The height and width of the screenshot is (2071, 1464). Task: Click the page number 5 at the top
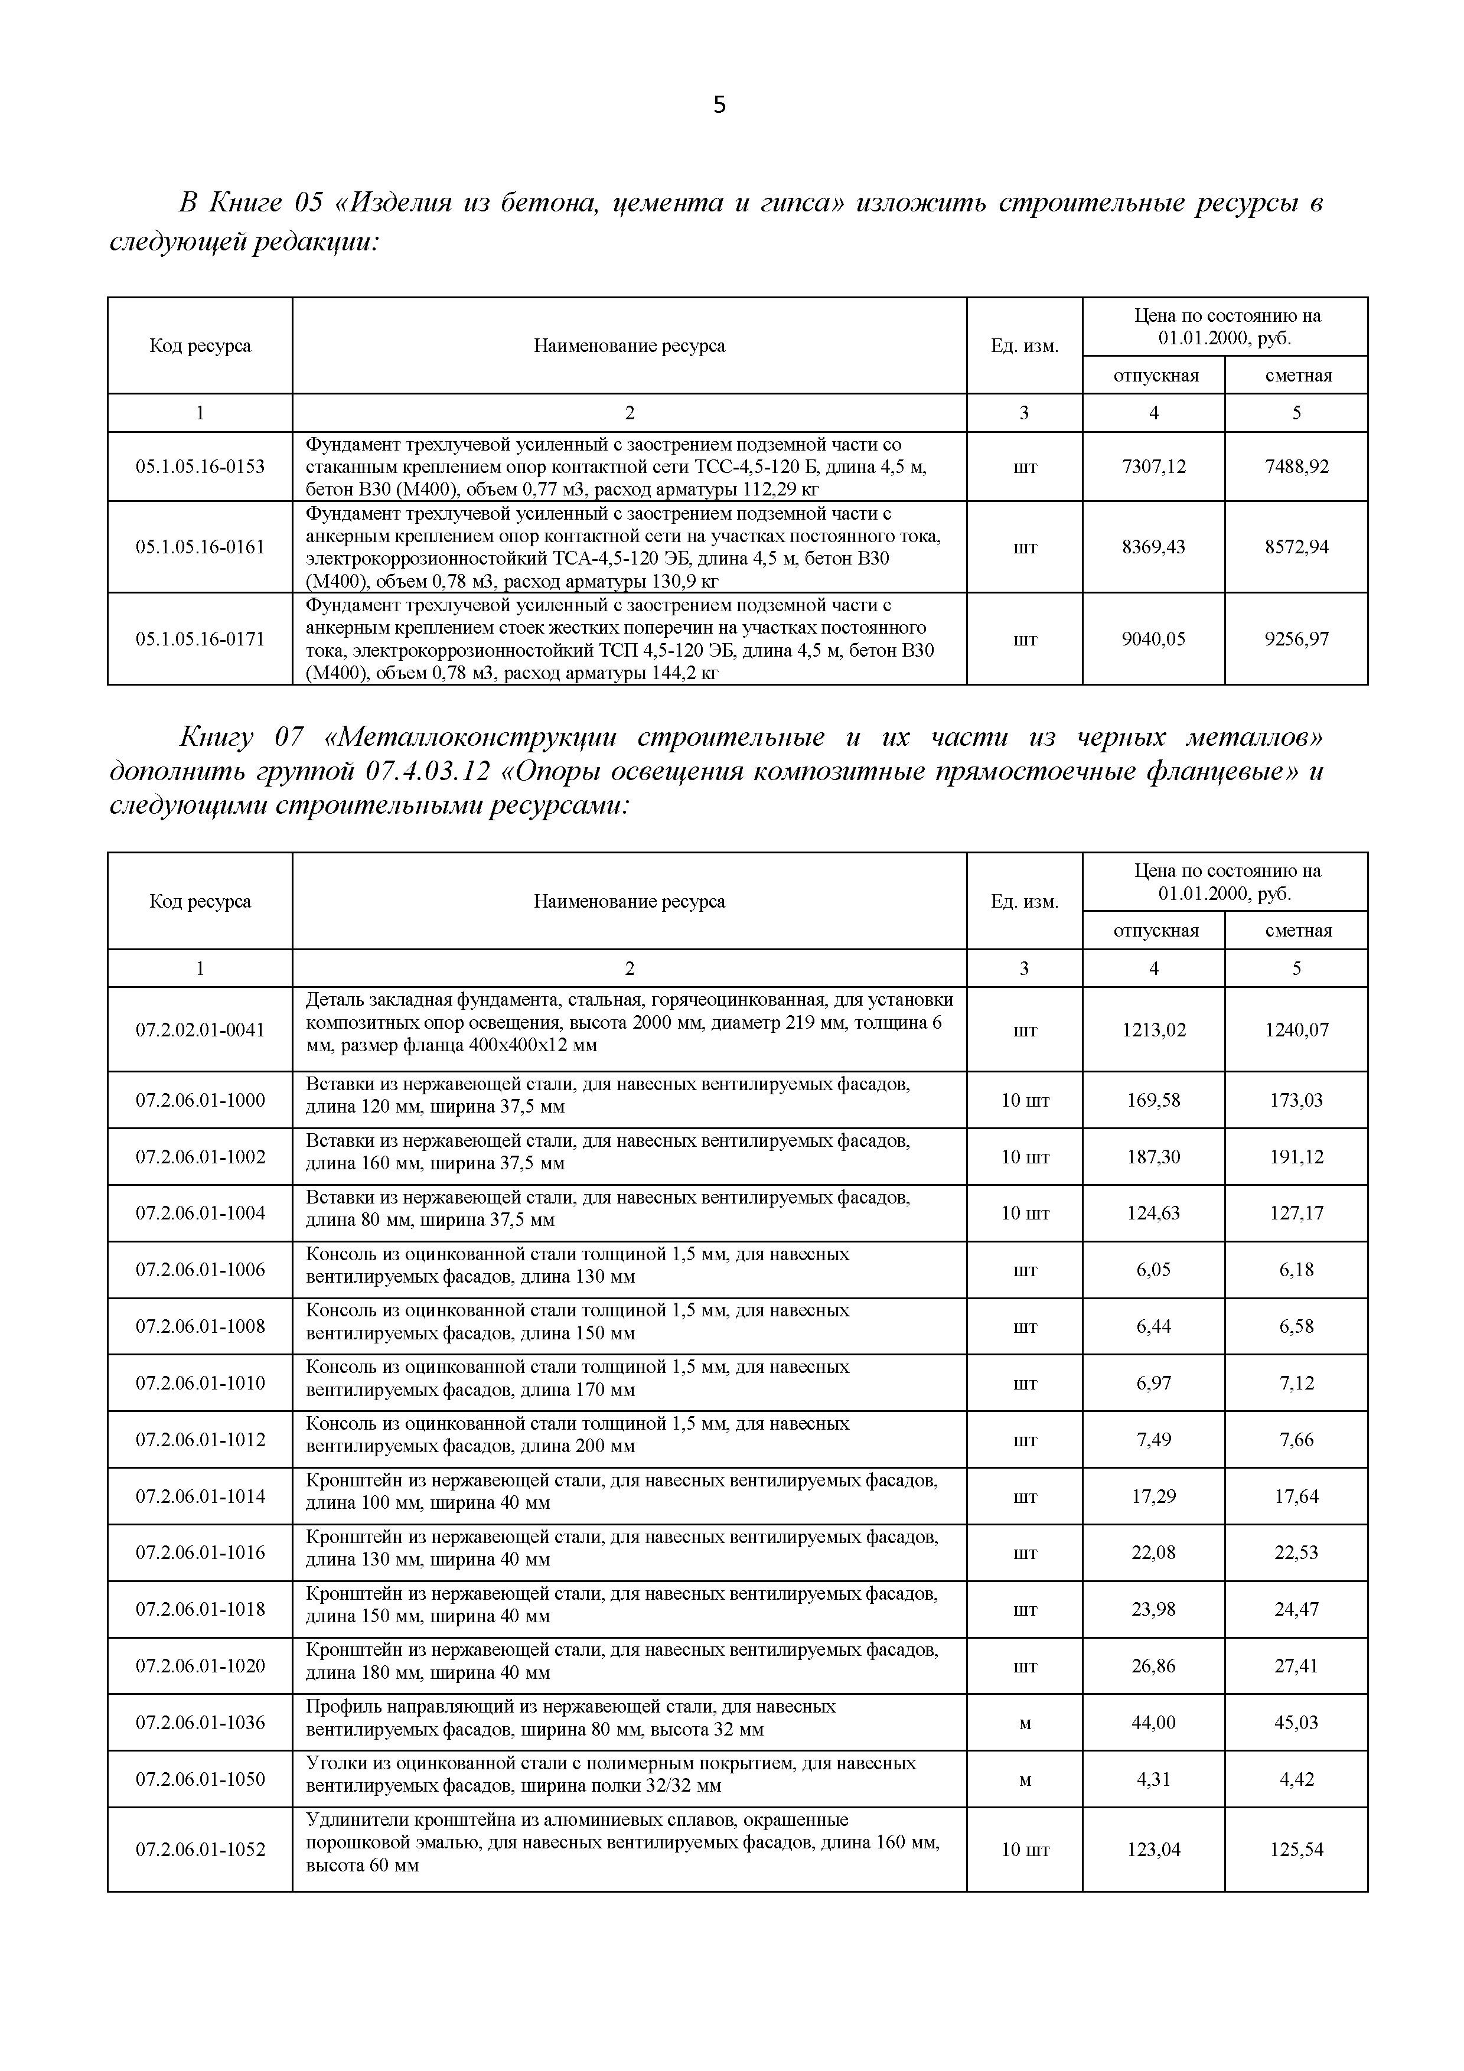(x=719, y=106)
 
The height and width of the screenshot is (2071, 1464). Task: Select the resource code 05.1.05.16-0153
(x=200, y=467)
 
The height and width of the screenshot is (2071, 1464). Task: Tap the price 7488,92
(x=1296, y=467)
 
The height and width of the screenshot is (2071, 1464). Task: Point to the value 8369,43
(x=1154, y=547)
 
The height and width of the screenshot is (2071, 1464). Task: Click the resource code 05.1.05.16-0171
(x=200, y=638)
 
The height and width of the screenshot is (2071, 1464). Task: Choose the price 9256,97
(x=1296, y=638)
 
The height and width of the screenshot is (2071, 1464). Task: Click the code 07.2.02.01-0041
(x=200, y=1029)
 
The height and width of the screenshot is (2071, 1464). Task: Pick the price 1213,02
(x=1154, y=1029)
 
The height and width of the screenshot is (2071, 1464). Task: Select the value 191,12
(x=1296, y=1156)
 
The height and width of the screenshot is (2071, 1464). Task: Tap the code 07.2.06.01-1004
(x=200, y=1213)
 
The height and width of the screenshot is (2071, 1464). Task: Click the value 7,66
(x=1296, y=1440)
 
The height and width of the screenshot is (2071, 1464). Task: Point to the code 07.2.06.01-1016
(x=200, y=1553)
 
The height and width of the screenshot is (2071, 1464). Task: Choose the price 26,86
(x=1154, y=1666)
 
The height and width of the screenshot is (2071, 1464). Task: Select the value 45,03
(x=1296, y=1723)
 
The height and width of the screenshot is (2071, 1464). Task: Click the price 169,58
(x=1154, y=1100)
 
